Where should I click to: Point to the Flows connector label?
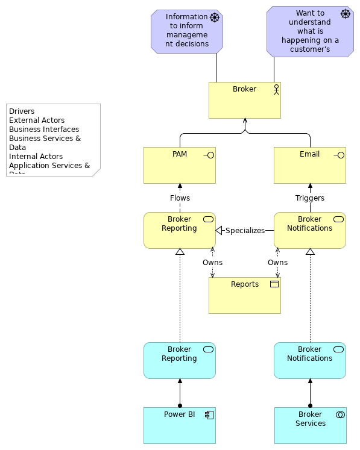click(180, 198)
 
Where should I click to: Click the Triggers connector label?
click(310, 198)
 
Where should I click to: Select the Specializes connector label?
click(245, 231)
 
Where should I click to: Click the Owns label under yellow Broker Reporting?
click(212, 263)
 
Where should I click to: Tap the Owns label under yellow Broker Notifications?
click(277, 263)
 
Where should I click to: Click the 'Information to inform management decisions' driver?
click(186, 31)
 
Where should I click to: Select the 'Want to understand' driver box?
click(310, 31)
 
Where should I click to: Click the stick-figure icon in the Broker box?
click(276, 89)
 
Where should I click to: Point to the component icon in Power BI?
click(209, 414)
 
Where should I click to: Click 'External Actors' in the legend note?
click(37, 120)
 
